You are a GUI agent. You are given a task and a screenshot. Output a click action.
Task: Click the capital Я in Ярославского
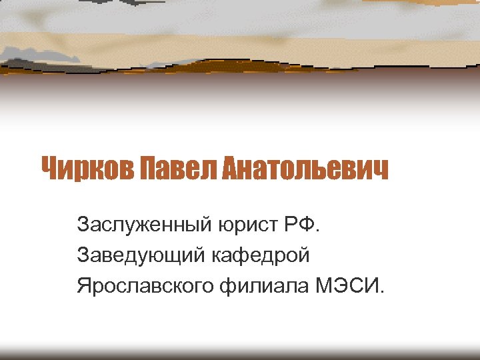[83, 286]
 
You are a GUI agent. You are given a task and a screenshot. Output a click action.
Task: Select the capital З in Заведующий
[83, 254]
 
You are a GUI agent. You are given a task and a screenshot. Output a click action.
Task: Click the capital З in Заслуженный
[83, 222]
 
